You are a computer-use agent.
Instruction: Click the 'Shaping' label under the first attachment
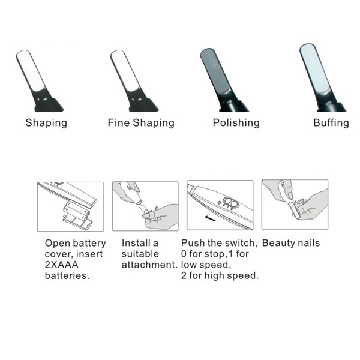coord(46,123)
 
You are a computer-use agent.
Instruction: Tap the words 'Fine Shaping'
coord(141,123)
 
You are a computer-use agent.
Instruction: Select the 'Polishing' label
coord(236,123)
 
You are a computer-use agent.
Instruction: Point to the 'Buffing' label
coord(331,123)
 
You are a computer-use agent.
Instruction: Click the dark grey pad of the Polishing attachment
coord(215,71)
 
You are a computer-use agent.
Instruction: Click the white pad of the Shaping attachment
coord(31,71)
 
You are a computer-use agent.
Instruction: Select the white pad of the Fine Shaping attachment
coord(125,71)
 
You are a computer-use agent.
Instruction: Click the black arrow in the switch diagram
coord(210,218)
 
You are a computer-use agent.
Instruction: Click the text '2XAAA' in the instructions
coord(62,265)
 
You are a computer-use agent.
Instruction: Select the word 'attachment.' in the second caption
coord(149,265)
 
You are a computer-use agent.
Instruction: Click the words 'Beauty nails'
coord(291,243)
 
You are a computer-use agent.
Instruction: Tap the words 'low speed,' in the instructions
coord(206,265)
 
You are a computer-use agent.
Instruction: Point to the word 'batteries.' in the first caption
coord(67,275)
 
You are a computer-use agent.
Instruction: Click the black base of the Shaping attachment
coord(49,104)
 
